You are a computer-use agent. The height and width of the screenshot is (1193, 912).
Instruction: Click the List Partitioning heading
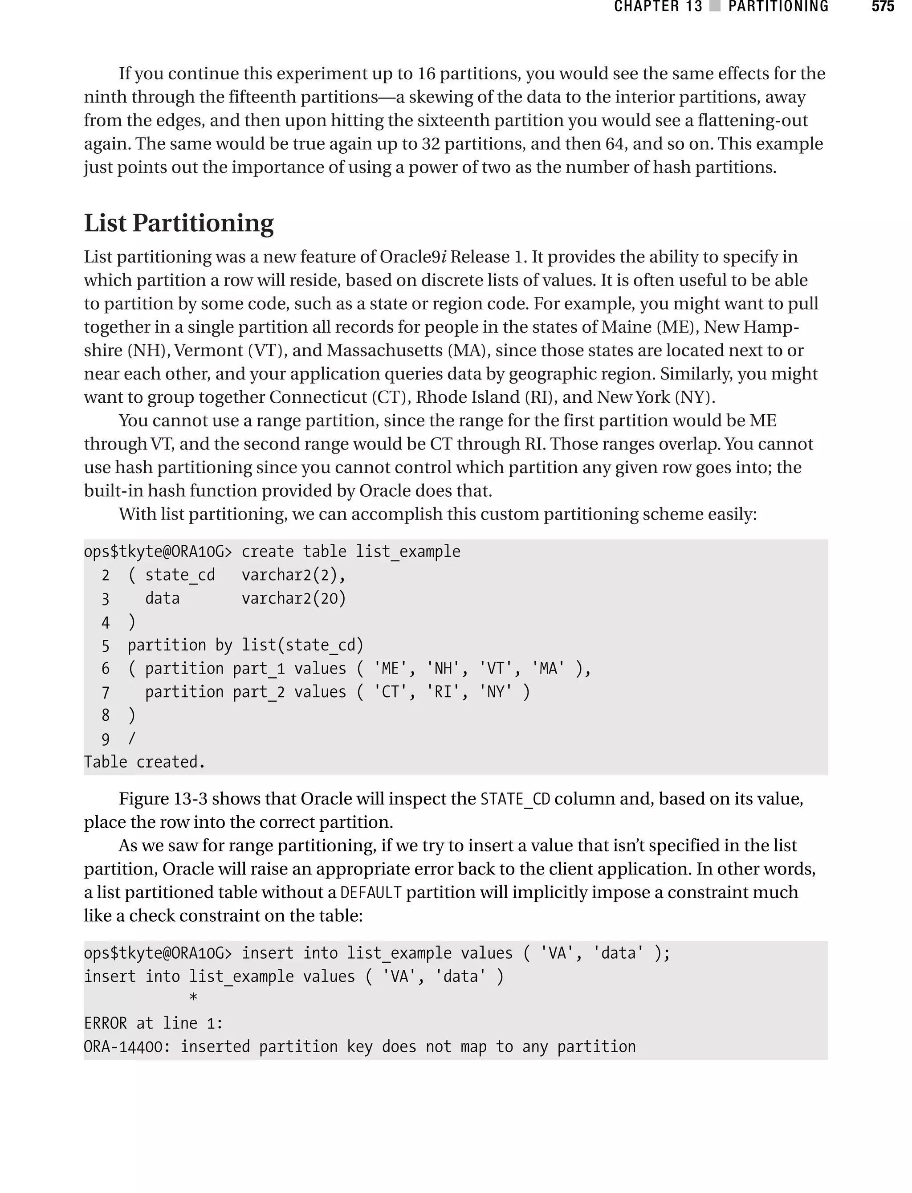[x=179, y=223]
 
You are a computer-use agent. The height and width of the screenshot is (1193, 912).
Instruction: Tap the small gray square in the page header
[x=715, y=7]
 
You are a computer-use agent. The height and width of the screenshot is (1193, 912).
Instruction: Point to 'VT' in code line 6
[x=495, y=669]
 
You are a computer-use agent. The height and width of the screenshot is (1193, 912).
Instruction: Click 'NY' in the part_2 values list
[x=495, y=692]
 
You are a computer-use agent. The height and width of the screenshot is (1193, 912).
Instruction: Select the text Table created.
[x=144, y=762]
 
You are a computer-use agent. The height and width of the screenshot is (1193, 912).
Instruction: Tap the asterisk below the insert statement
[x=193, y=998]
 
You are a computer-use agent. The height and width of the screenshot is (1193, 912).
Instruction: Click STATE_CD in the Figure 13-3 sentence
[x=515, y=799]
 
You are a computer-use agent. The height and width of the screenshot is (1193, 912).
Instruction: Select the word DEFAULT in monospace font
[x=371, y=893]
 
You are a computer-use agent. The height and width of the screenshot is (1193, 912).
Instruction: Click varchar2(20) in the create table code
[x=294, y=598]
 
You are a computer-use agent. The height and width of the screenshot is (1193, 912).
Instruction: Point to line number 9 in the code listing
[x=105, y=739]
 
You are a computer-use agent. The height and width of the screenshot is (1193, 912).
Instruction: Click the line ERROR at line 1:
[x=154, y=1023]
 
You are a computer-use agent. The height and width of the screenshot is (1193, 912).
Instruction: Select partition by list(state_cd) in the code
[x=245, y=645]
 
